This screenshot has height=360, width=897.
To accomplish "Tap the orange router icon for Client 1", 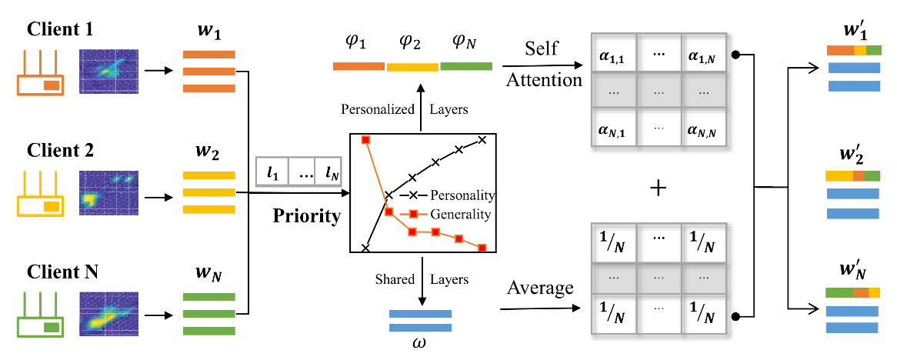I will pos(42,74).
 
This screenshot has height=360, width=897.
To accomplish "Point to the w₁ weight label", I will pos(208,35).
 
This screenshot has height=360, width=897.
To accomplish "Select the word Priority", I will pos(306,216).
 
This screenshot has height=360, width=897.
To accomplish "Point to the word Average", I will pos(539,288).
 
